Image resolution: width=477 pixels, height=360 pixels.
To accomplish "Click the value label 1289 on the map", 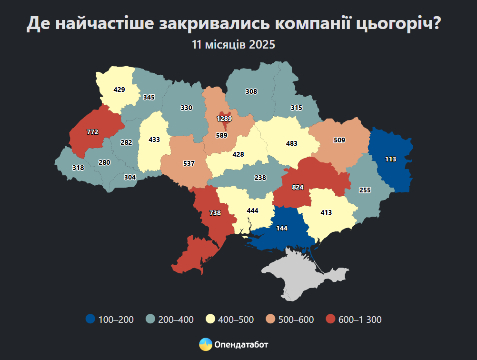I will coord(224,118).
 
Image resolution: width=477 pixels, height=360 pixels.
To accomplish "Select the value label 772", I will coord(92,132).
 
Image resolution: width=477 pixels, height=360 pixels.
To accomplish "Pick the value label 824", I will coord(298,187).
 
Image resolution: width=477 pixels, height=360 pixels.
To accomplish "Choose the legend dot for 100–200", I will coord(90,319).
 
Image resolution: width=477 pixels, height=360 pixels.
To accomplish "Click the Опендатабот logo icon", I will coord(205,344).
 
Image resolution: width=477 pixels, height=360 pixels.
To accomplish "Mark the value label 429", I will coord(119,89).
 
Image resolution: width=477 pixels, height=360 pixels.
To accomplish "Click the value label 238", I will coord(260,177).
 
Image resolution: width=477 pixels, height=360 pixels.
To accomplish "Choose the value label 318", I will coord(78,168).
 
